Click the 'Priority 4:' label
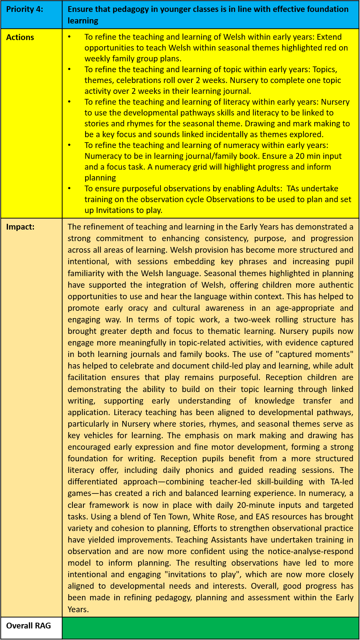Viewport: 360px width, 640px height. click(25, 9)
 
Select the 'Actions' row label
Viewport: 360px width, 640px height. click(20, 37)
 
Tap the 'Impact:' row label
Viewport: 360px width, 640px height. click(21, 227)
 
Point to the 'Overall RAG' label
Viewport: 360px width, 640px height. click(28, 626)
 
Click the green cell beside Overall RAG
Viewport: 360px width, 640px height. click(210, 628)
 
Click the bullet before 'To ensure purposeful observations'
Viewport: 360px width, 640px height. click(69, 188)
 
